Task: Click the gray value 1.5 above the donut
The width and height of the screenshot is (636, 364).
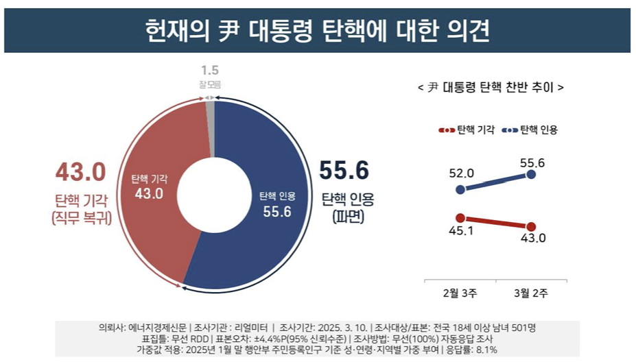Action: pyautogui.click(x=210, y=71)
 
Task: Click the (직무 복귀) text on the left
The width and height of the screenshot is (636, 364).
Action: pyautogui.click(x=82, y=217)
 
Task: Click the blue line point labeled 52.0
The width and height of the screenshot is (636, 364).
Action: pyautogui.click(x=460, y=189)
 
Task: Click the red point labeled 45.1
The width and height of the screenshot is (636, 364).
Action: pyautogui.click(x=460, y=217)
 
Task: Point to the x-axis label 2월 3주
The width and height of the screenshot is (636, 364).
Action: pyautogui.click(x=460, y=294)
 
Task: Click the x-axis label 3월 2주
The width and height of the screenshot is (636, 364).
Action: pyautogui.click(x=531, y=294)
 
